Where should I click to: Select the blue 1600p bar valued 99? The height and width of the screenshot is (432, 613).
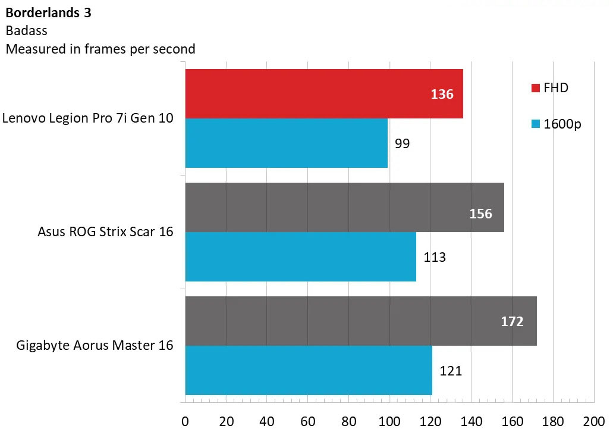coord(286,143)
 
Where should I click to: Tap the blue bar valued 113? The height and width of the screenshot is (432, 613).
coord(300,256)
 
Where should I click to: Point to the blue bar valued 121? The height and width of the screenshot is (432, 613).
coord(309,370)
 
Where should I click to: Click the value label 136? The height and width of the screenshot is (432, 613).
coord(442,94)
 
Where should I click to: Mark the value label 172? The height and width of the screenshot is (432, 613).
coord(512,322)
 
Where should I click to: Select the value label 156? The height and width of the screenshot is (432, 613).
coord(481,214)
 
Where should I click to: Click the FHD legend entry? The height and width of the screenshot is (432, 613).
coord(549,88)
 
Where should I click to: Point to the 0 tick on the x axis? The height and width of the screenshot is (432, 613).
coord(185,420)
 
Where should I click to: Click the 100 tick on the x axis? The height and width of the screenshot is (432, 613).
coord(389,420)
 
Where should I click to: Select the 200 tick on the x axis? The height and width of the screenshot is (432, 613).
coord(593,420)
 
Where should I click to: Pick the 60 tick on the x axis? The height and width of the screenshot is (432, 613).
coord(307,420)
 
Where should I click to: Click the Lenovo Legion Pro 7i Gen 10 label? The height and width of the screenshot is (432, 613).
coord(88,118)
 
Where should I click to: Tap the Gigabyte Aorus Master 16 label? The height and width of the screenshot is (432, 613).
coord(95,345)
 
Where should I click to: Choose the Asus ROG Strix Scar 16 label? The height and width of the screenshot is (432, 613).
coord(105,232)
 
